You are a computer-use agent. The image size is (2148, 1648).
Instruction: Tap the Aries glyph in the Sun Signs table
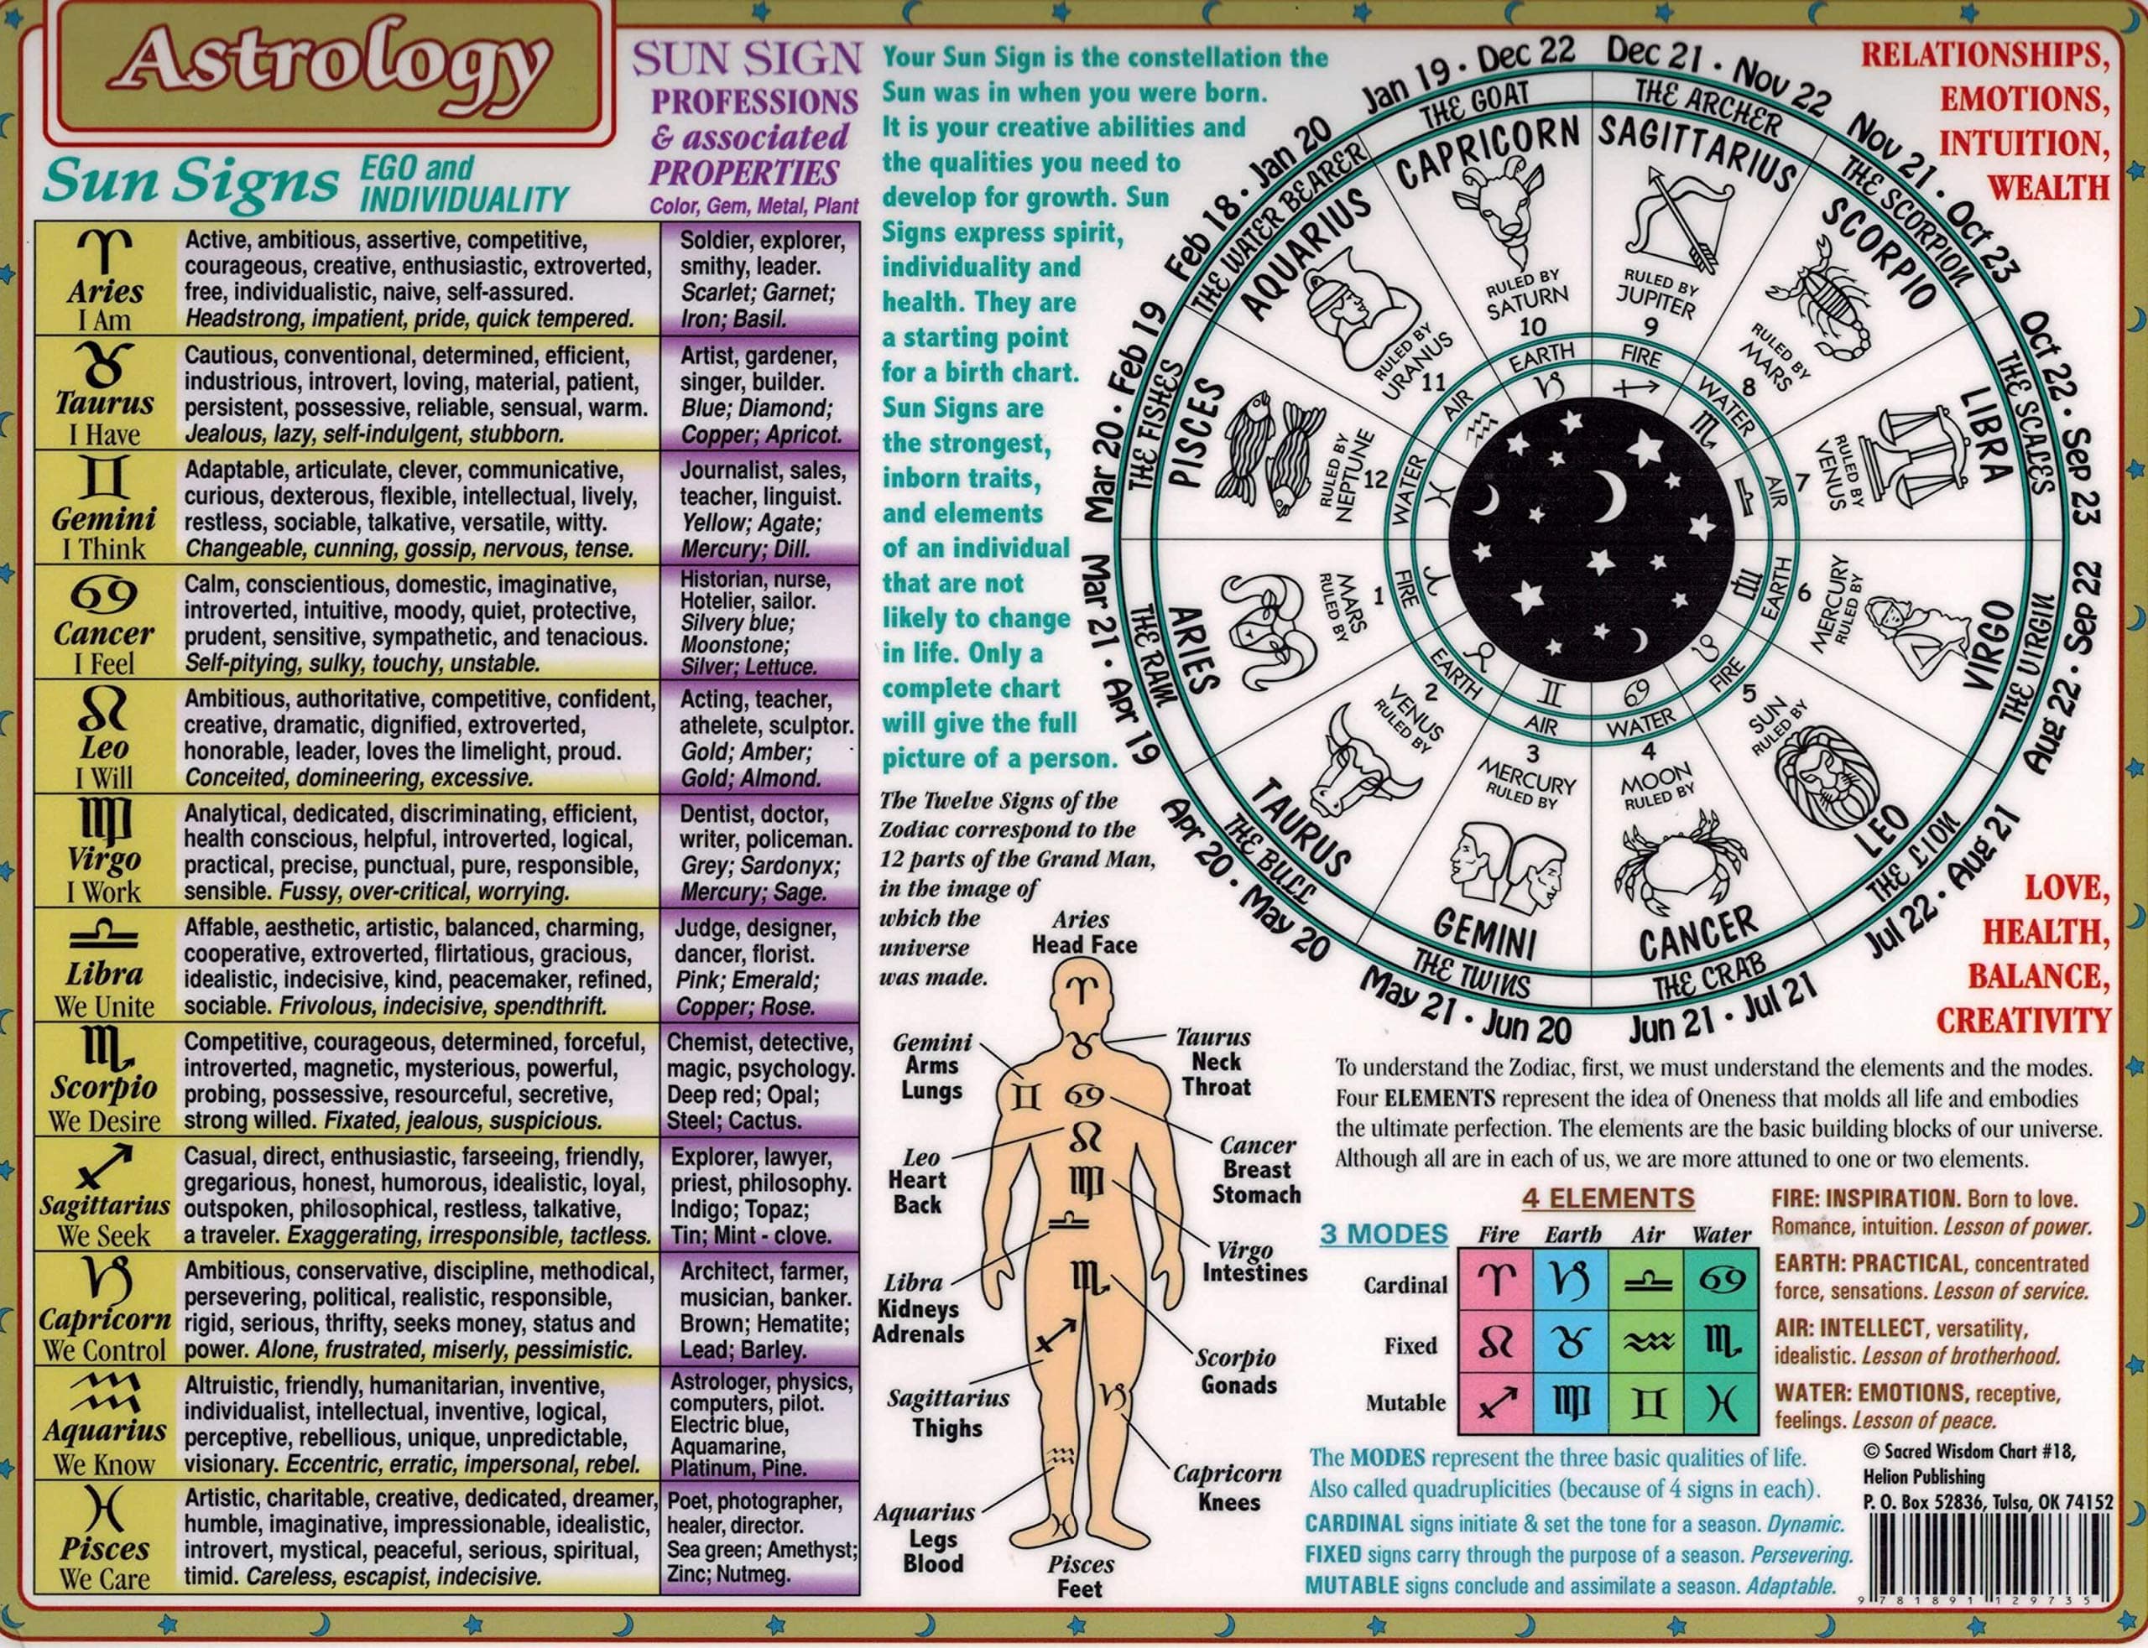[105, 253]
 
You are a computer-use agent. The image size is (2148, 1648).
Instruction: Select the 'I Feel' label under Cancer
[105, 664]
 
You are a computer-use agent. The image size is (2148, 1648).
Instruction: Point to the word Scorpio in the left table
[105, 1088]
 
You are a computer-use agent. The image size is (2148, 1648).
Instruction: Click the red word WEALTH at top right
[2054, 186]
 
